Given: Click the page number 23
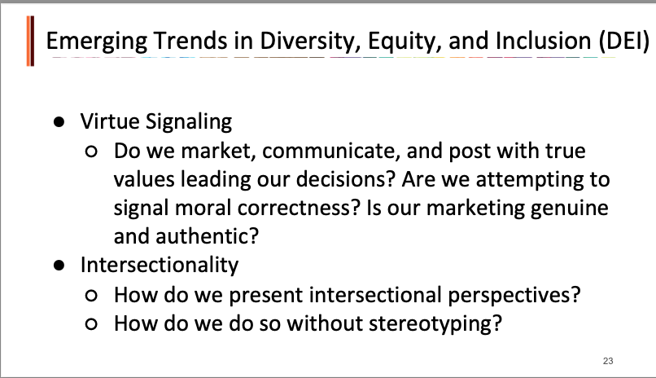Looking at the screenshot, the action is (x=608, y=361).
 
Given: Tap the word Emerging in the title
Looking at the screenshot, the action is (x=97, y=42).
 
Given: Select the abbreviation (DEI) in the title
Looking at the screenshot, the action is (x=623, y=41).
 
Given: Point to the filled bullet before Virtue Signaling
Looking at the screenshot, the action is (x=59, y=122).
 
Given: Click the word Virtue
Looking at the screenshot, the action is (x=110, y=121).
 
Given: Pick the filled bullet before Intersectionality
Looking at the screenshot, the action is (x=59, y=266).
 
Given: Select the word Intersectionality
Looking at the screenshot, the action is (x=160, y=265).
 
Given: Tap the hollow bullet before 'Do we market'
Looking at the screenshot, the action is (x=91, y=151).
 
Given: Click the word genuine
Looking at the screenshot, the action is (x=570, y=209).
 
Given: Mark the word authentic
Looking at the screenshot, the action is (x=207, y=236).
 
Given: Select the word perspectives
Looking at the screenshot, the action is (x=514, y=296).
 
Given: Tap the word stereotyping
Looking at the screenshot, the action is (x=435, y=324).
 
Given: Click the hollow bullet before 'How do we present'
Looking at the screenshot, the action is (x=91, y=296).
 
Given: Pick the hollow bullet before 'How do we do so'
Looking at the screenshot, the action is (x=91, y=324).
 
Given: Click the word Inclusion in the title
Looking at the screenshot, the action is (x=544, y=41).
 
